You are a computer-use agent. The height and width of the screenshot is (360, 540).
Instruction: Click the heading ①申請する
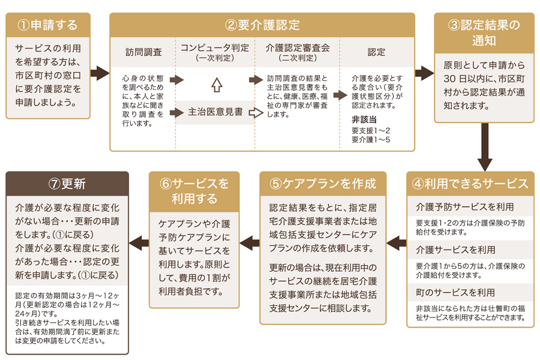48,25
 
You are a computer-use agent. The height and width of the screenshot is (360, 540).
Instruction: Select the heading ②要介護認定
262,25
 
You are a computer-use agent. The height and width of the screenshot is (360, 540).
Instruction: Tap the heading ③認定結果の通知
484,33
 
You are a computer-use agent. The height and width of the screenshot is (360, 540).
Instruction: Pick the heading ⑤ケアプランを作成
323,183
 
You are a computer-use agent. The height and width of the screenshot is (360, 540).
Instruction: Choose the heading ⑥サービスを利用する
194,190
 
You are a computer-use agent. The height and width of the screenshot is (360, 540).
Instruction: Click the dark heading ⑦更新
67,183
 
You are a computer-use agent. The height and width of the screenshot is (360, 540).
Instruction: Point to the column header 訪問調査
144,52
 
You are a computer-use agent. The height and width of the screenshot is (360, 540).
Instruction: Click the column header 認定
376,52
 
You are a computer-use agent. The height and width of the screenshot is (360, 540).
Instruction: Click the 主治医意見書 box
215,112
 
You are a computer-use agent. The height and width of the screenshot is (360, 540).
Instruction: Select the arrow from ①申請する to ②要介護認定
100,74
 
